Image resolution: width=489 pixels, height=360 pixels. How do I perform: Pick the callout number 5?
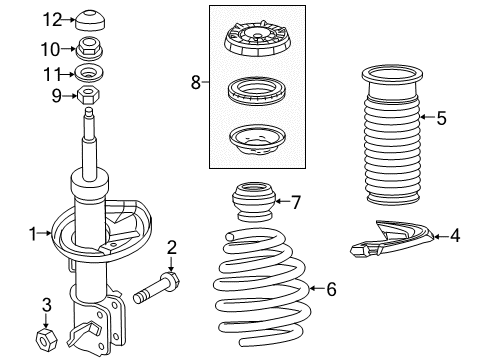click(x=441, y=117)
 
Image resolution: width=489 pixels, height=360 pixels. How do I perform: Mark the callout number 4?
click(x=455, y=236)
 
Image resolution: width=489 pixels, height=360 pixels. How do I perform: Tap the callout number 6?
click(x=333, y=290)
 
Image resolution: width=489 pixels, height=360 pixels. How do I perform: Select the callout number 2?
click(x=171, y=247)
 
